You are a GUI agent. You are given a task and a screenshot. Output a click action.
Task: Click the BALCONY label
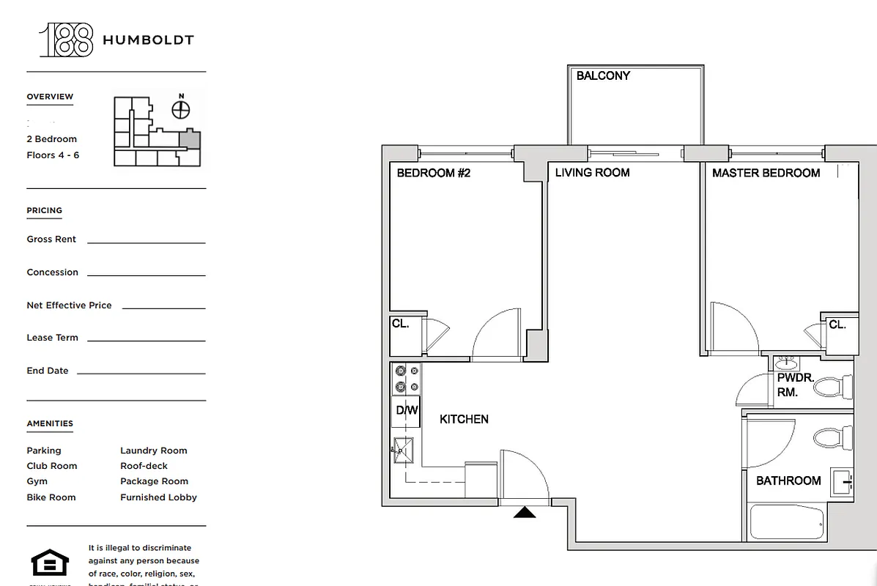[x=603, y=75]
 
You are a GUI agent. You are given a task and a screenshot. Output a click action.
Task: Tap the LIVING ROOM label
[x=592, y=173]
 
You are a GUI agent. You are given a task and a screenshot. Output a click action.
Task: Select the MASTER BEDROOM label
[x=766, y=173]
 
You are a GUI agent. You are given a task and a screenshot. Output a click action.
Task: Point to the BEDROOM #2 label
[x=433, y=174]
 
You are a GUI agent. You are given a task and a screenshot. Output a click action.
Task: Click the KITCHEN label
[x=464, y=419]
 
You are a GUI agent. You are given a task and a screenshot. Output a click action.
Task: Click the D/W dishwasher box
[x=407, y=411]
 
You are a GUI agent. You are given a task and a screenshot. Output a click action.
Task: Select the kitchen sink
[x=403, y=450]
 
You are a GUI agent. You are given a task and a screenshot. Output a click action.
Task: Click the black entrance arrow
[x=524, y=513]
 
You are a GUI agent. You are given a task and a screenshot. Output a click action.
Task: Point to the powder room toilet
[x=834, y=386]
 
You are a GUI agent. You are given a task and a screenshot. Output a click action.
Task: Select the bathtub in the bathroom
[x=787, y=523]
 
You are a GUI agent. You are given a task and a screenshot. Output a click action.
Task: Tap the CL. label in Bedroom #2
[x=400, y=323]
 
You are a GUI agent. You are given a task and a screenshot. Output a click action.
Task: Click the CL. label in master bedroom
[x=837, y=324]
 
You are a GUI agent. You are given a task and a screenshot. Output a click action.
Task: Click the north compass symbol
[x=181, y=109]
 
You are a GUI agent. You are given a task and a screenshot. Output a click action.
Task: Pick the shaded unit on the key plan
[x=189, y=139]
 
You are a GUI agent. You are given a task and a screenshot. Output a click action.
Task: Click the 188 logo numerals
[x=66, y=40]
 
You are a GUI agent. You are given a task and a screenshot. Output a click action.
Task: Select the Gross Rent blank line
[x=147, y=242]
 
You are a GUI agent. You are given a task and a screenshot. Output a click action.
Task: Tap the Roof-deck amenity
[x=144, y=466]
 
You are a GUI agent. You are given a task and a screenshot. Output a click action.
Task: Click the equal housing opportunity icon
[x=50, y=564]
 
